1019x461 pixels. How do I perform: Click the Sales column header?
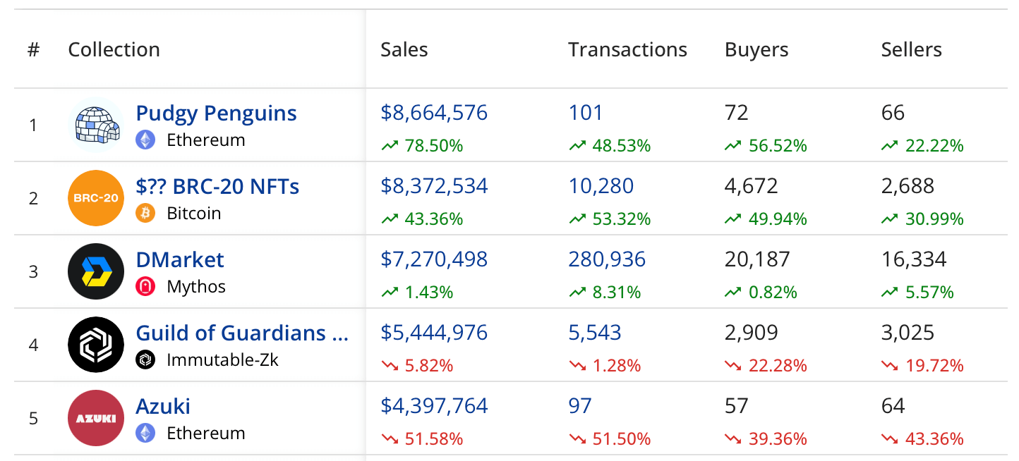(x=404, y=49)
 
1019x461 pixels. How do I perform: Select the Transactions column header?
(x=627, y=49)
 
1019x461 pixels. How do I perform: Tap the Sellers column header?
(x=911, y=49)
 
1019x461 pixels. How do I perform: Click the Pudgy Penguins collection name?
(x=216, y=113)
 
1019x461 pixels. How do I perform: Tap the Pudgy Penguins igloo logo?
(x=96, y=125)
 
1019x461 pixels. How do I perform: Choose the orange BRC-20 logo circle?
(x=96, y=198)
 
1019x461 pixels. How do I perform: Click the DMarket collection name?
(x=180, y=259)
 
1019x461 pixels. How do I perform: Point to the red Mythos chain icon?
(x=145, y=287)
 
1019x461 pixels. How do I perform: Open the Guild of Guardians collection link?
(x=242, y=333)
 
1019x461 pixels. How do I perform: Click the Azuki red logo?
(x=96, y=418)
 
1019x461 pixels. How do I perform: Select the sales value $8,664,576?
(x=434, y=113)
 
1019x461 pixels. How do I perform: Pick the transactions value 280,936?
(x=607, y=259)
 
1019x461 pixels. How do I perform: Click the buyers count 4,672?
(x=752, y=186)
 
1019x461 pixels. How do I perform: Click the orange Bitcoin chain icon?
(x=145, y=214)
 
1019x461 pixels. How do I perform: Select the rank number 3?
(x=33, y=271)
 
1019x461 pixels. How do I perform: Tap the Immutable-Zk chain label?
(x=222, y=360)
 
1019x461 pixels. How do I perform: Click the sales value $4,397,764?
(x=434, y=406)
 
